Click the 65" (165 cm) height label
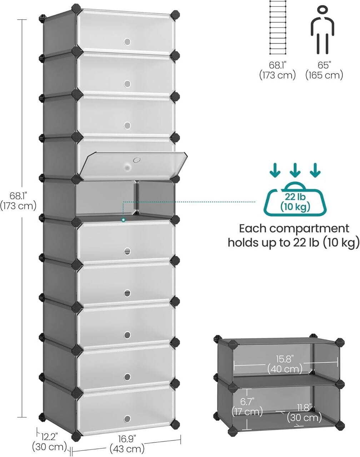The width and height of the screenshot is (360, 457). click(324, 70)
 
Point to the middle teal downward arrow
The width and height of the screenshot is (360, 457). click(295, 170)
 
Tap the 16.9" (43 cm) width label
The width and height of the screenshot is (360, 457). click(127, 443)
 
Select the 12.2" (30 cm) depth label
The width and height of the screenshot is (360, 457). click(49, 441)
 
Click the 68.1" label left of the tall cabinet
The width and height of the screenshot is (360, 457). click(19, 201)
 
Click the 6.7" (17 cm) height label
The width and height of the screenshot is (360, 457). click(247, 406)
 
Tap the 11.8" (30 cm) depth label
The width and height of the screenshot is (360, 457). click(304, 412)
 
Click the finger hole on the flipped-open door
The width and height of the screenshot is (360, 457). click(136, 160)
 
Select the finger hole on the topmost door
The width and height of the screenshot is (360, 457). click(127, 42)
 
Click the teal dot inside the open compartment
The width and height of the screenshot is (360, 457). click(123, 220)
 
